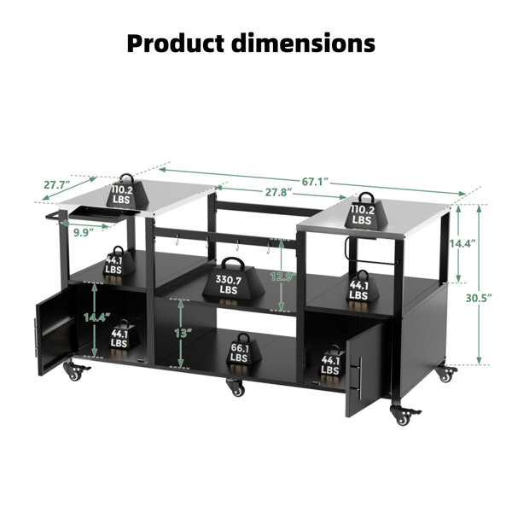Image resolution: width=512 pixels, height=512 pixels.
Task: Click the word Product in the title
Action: [x=176, y=44]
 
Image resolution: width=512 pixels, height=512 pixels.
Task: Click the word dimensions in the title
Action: [x=303, y=44]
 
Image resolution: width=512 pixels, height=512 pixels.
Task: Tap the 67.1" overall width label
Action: [x=314, y=182]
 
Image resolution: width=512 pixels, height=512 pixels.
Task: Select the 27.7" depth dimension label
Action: [x=57, y=185]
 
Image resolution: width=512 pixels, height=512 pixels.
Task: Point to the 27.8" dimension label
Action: [x=278, y=192]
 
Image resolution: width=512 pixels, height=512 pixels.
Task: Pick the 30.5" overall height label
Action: [x=479, y=298]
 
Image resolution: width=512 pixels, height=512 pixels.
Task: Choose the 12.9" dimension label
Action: [x=283, y=276]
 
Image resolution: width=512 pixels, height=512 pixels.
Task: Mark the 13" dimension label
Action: [x=183, y=333]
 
